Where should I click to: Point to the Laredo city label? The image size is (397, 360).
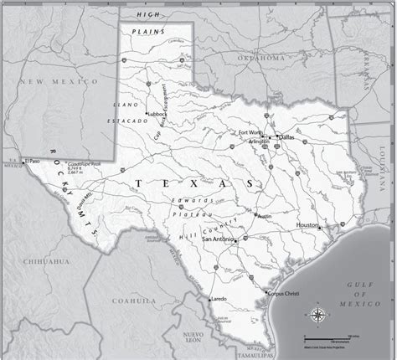pos(219,298)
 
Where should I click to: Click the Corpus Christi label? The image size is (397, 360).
pos(283,294)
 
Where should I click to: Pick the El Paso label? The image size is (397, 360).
pos(33,160)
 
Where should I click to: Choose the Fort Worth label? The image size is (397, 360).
pos(250,133)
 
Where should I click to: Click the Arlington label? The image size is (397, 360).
pos(259,141)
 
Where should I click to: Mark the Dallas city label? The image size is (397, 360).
pos(287,136)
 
